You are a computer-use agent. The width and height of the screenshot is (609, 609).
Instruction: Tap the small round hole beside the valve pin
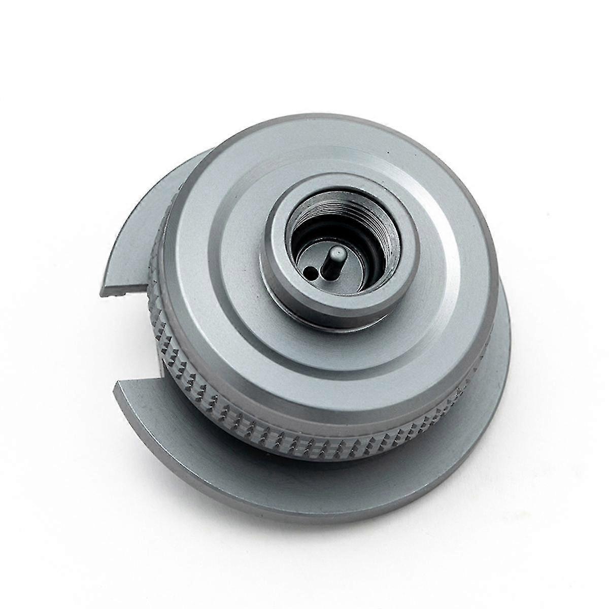pyautogui.click(x=309, y=273)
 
